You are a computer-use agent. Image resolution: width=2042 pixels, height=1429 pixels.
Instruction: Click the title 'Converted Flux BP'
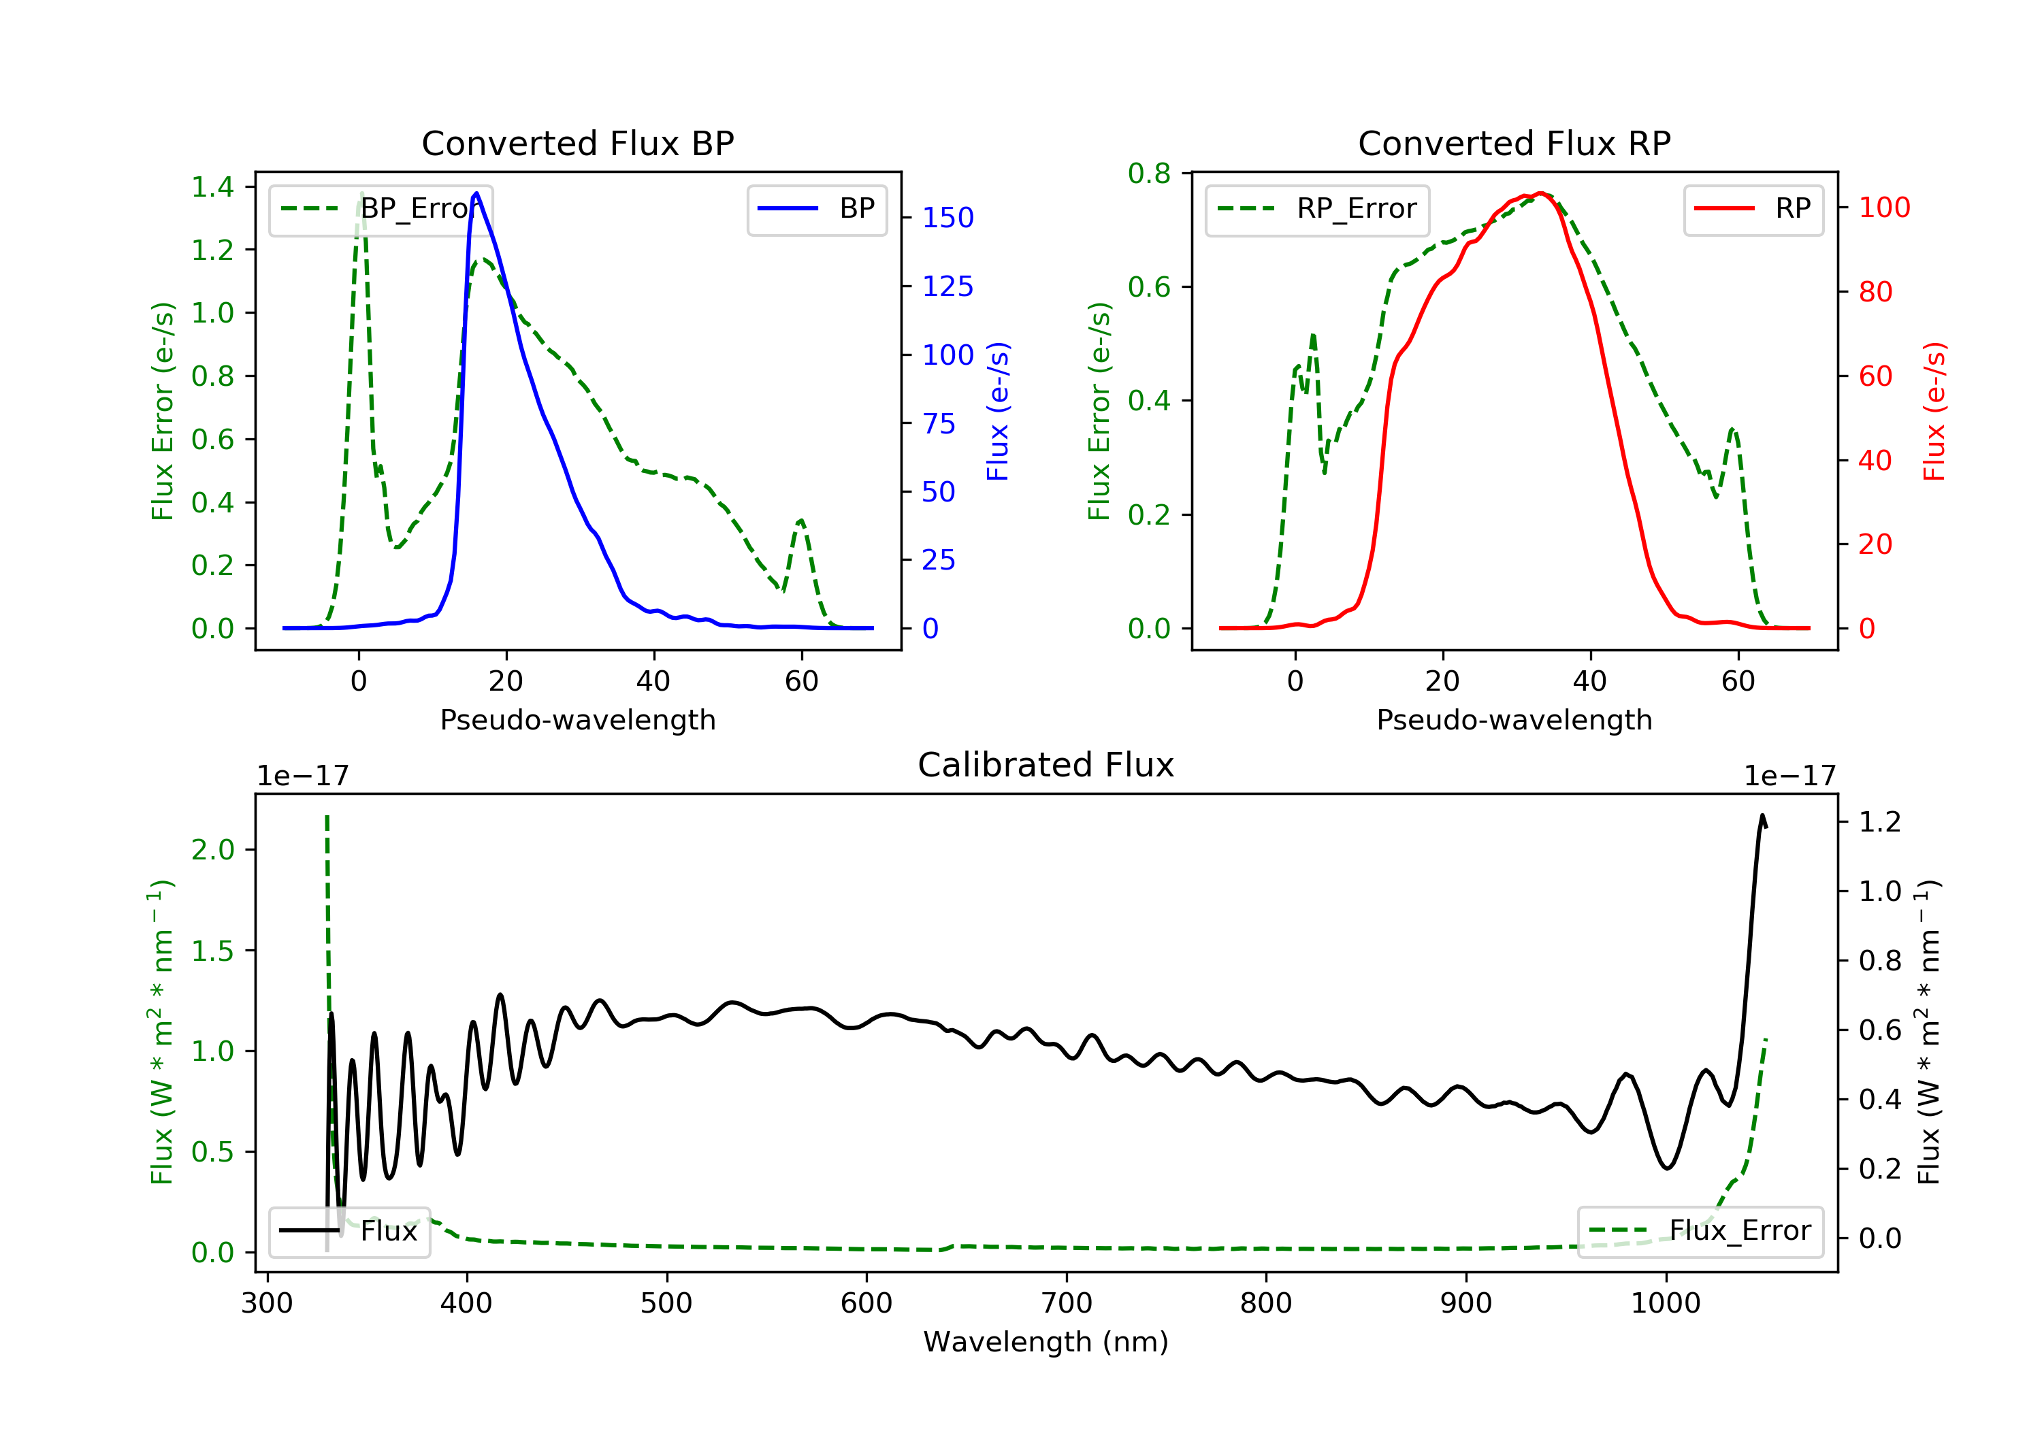(577, 143)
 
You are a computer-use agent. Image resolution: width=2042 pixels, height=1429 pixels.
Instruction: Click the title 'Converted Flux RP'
(1514, 143)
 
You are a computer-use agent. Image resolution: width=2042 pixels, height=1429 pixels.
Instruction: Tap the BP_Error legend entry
(380, 209)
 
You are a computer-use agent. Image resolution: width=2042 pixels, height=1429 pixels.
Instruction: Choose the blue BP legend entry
(816, 209)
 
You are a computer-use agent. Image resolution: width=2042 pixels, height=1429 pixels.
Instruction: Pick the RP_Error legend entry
(1317, 209)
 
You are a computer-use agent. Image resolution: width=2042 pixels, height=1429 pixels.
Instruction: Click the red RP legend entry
(1753, 209)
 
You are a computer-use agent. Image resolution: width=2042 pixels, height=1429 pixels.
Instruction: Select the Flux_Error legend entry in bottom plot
(1700, 1231)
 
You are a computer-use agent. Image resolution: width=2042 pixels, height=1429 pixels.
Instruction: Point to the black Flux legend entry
(349, 1231)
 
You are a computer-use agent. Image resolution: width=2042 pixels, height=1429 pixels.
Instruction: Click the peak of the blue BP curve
(476, 193)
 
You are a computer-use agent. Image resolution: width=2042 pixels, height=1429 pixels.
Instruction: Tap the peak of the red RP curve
(1541, 193)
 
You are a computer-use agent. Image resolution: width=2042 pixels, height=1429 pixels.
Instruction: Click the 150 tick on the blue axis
(947, 218)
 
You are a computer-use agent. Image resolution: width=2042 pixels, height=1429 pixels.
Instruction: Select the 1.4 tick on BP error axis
(212, 186)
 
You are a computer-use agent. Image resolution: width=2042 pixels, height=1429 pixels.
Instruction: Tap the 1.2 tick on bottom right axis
(1879, 821)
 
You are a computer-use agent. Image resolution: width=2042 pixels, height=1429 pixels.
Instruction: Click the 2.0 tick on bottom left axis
(212, 850)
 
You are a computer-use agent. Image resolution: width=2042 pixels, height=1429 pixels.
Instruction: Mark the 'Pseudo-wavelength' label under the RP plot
(1514, 719)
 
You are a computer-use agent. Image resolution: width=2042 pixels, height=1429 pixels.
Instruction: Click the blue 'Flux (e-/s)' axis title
(998, 411)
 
